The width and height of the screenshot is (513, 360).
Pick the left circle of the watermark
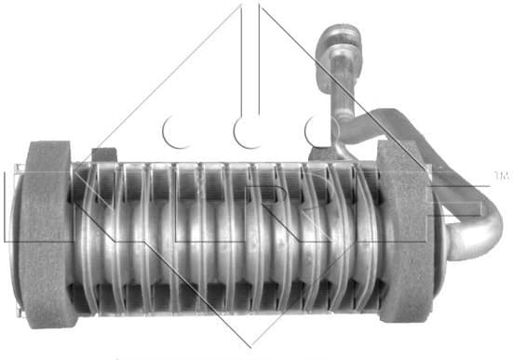pos(177,131)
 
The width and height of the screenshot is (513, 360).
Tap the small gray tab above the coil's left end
pos(105,154)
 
